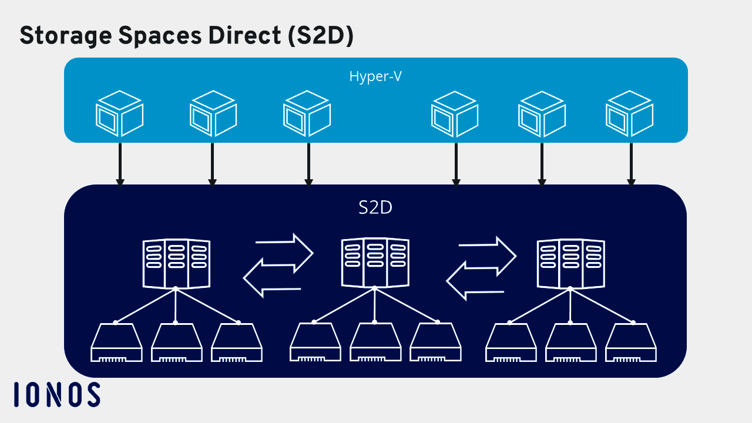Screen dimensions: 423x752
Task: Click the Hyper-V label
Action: point(375,76)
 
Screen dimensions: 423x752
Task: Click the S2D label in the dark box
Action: point(375,207)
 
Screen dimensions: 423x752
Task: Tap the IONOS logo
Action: point(57,394)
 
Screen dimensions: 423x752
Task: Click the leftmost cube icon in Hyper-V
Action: point(120,113)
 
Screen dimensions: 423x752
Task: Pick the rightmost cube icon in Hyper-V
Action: point(630,113)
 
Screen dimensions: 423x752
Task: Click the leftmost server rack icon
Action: point(176,264)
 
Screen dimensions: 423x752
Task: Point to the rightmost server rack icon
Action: point(570,264)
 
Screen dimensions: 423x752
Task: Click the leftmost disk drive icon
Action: point(116,343)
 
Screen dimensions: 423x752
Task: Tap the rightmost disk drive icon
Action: point(632,343)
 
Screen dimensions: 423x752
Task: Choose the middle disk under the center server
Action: point(375,343)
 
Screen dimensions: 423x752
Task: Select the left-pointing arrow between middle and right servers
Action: point(475,280)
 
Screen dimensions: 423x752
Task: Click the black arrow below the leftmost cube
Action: point(120,164)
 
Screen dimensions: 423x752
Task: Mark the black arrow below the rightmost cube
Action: point(631,164)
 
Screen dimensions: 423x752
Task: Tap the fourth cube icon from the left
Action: point(455,113)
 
